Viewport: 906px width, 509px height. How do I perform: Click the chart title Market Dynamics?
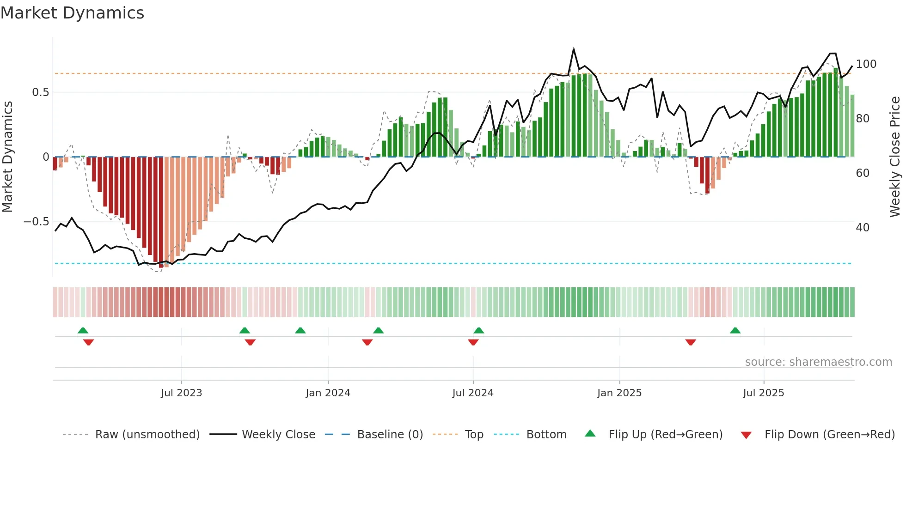click(x=72, y=13)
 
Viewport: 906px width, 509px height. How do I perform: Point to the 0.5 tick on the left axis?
click(x=40, y=92)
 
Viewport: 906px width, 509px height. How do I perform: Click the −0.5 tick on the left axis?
click(x=37, y=222)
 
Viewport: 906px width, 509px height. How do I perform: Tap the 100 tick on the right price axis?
click(x=866, y=64)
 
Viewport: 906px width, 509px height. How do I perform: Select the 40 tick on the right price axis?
click(x=863, y=228)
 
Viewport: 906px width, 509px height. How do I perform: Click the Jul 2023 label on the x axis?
click(x=181, y=393)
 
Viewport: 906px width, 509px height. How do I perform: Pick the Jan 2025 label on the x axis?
click(x=619, y=393)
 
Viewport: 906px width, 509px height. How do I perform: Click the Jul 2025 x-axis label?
click(x=763, y=393)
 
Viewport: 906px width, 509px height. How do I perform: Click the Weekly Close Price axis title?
click(x=895, y=157)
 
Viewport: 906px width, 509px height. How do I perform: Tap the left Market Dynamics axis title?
click(x=7, y=157)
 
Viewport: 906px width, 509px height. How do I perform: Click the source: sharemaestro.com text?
click(x=818, y=362)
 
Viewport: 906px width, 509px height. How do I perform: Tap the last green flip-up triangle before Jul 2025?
click(x=735, y=330)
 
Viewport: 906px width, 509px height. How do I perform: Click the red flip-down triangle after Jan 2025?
click(x=691, y=342)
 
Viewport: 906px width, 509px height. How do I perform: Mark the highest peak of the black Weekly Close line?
click(x=574, y=48)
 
